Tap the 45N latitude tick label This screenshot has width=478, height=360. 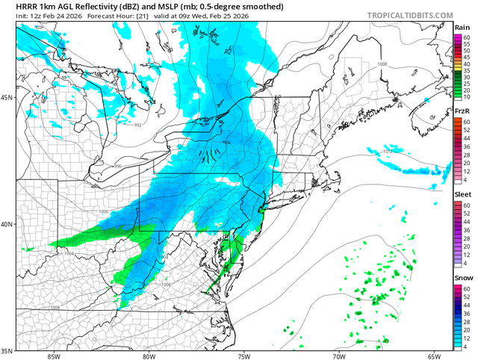7,98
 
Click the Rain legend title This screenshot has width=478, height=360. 462,28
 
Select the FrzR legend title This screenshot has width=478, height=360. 462,111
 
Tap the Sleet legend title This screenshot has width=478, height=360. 462,195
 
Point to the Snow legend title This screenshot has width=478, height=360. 462,279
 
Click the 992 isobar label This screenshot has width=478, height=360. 137,125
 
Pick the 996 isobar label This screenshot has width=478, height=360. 117,166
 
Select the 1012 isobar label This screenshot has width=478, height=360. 388,152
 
